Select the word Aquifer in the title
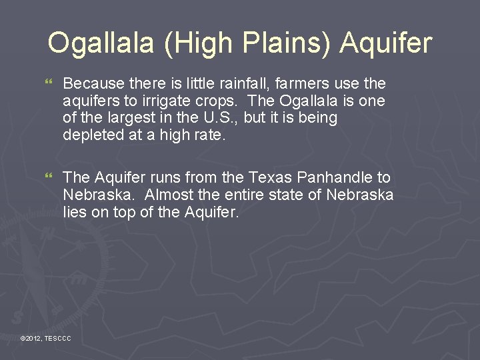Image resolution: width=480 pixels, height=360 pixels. coord(386,43)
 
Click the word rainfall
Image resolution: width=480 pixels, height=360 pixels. coord(243,83)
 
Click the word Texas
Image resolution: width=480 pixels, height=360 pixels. coord(266,177)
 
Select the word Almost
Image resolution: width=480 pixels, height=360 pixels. coord(168,195)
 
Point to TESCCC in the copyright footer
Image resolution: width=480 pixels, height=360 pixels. coord(58,339)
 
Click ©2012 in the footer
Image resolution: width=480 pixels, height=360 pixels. coord(31,339)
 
